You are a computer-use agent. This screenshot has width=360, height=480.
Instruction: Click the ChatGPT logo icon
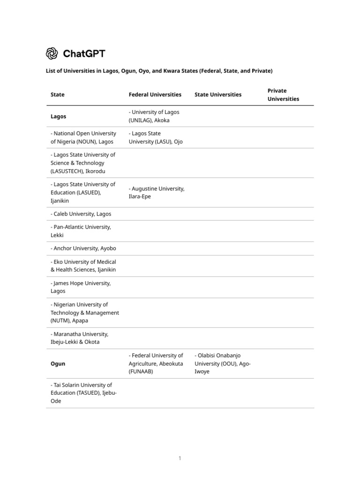pyautogui.click(x=52, y=54)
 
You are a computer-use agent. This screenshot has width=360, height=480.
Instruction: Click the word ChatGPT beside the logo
pyautogui.click(x=84, y=54)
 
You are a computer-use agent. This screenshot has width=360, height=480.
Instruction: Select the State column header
pyautogui.click(x=58, y=95)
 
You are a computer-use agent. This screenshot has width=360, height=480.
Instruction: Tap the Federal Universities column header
pyautogui.click(x=155, y=95)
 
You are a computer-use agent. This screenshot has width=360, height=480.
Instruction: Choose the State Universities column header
pyautogui.click(x=218, y=95)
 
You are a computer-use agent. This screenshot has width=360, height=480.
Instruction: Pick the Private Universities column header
pyautogui.click(x=283, y=95)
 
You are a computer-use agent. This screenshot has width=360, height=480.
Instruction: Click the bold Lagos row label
pyautogui.click(x=59, y=116)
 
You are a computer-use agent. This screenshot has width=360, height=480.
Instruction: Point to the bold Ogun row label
pyautogui.click(x=58, y=364)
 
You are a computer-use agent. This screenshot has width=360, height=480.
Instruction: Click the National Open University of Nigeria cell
pyautogui.click(x=83, y=137)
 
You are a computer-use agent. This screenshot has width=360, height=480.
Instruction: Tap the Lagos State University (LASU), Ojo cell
pyautogui.click(x=155, y=137)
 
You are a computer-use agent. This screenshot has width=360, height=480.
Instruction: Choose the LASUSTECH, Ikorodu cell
pyautogui.click(x=83, y=163)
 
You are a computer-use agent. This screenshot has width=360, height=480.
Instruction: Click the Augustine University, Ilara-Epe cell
pyautogui.click(x=157, y=193)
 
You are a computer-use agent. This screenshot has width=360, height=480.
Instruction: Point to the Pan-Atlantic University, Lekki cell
pyautogui.click(x=81, y=231)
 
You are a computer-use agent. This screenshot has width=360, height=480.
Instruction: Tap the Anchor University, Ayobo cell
pyautogui.click(x=83, y=248)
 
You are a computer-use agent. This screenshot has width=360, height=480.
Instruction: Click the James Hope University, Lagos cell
pyautogui.click(x=81, y=287)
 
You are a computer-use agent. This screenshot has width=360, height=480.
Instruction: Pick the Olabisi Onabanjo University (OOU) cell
pyautogui.click(x=223, y=364)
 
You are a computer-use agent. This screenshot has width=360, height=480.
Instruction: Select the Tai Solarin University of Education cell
pyautogui.click(x=83, y=393)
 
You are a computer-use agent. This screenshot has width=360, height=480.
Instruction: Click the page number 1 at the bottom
pyautogui.click(x=180, y=458)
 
